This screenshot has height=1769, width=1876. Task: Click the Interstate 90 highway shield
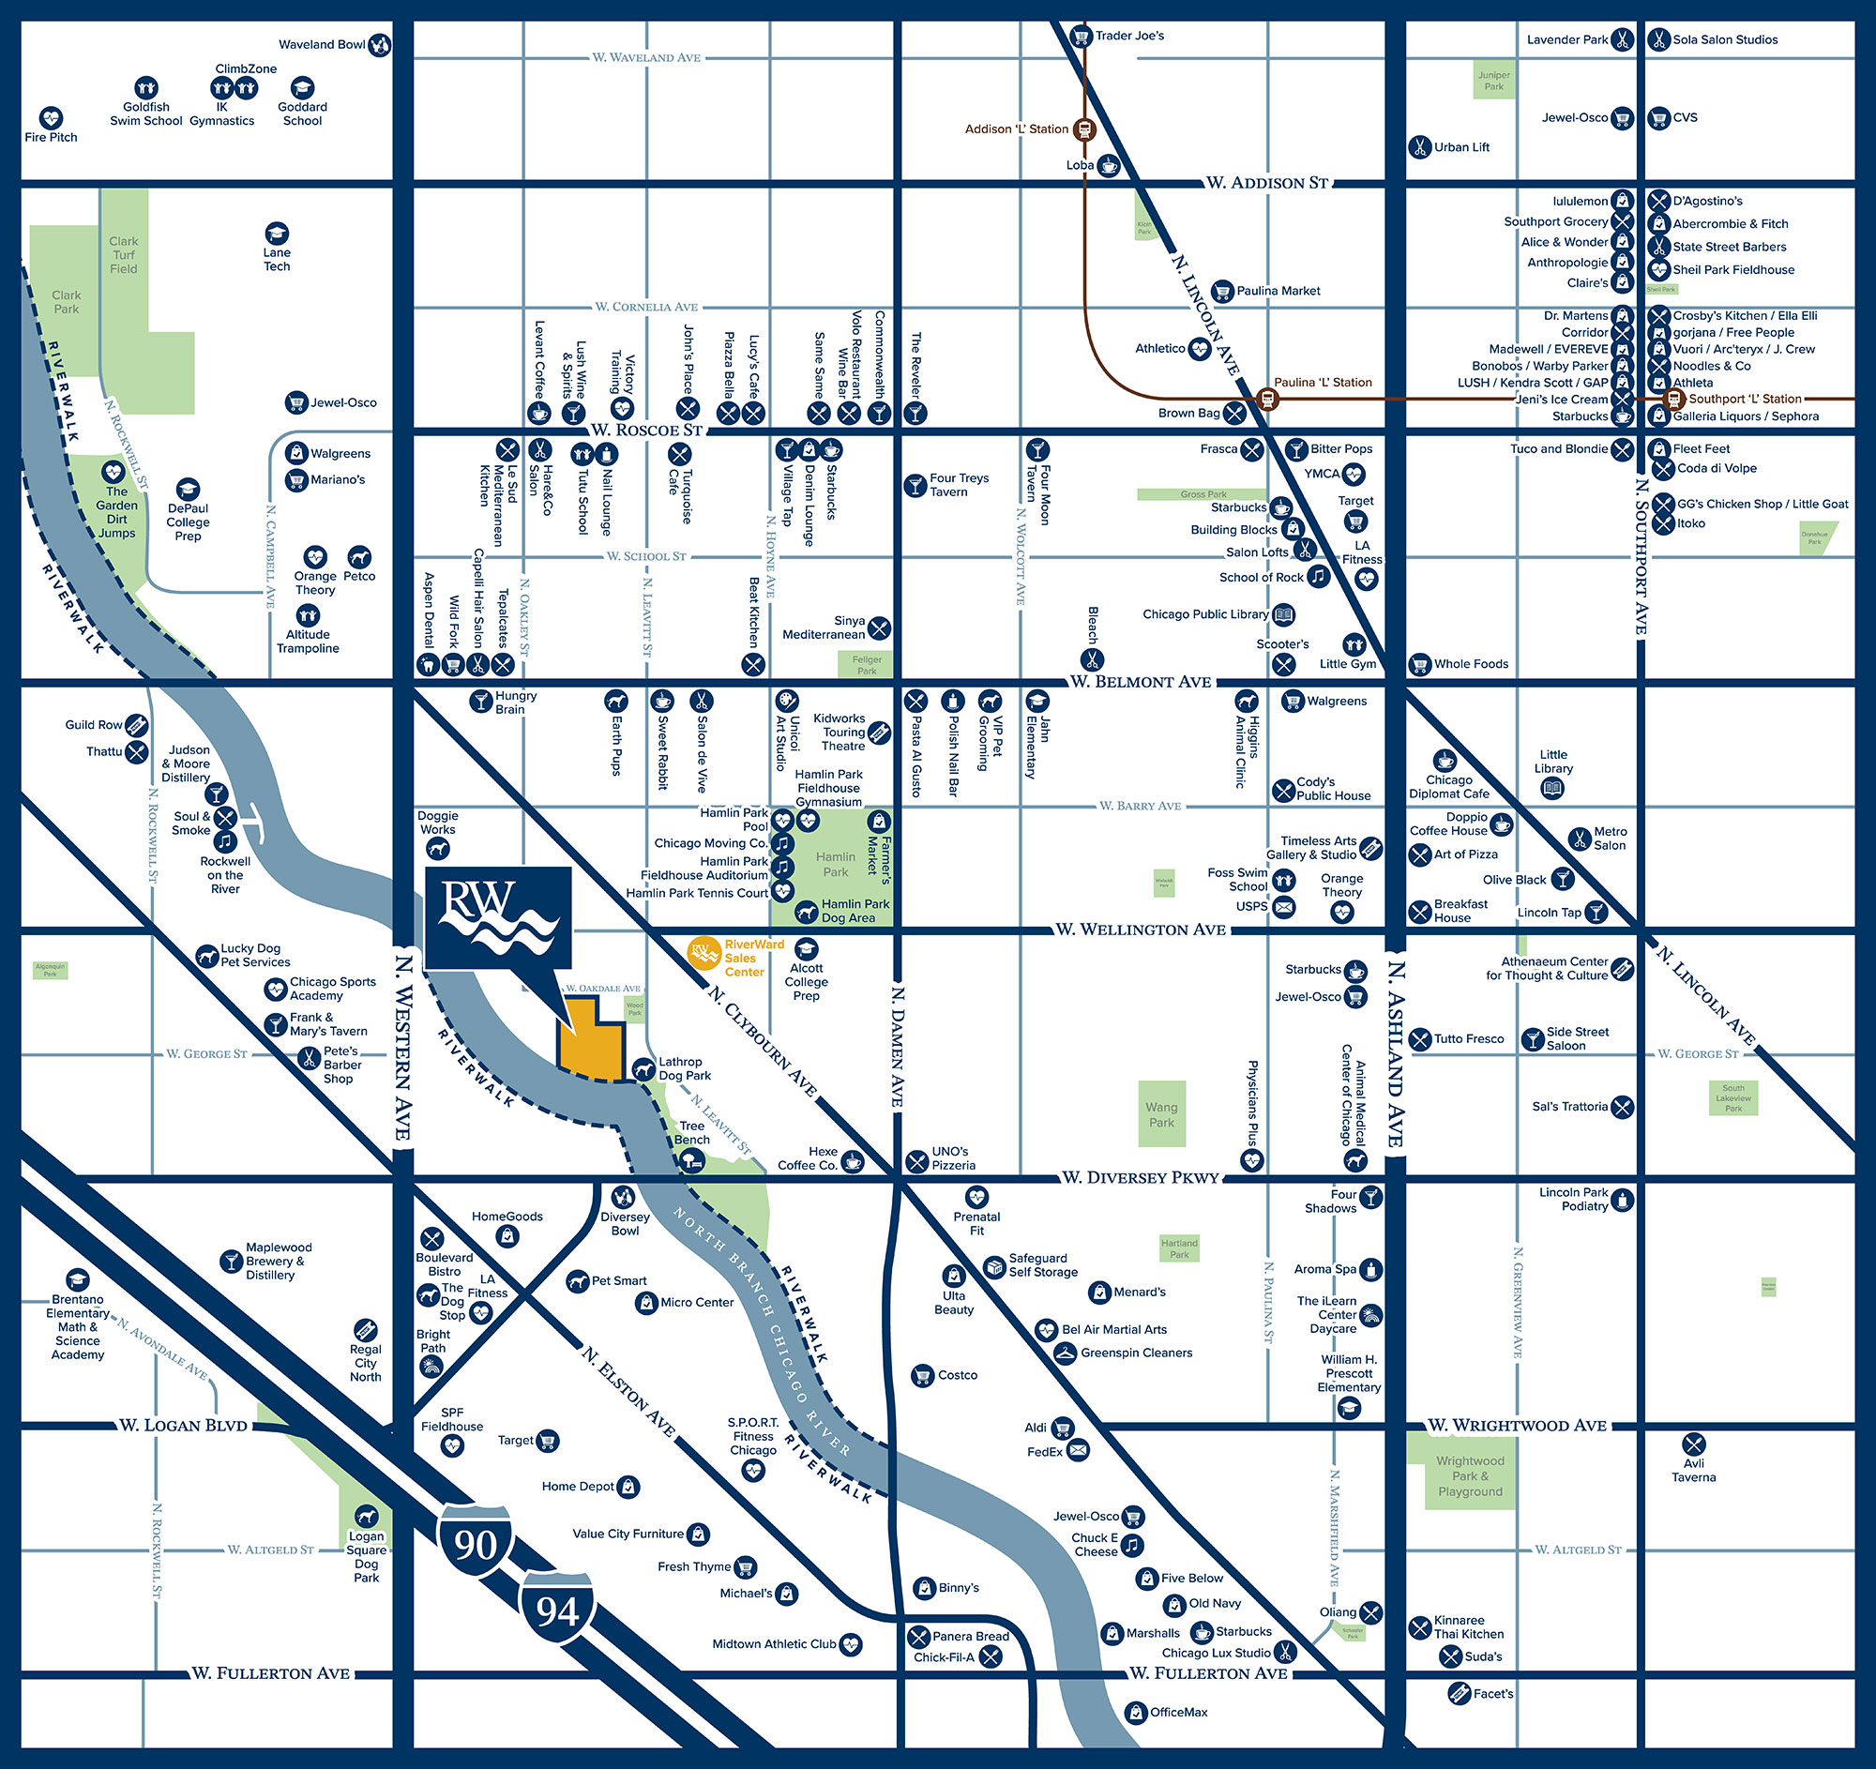point(475,1545)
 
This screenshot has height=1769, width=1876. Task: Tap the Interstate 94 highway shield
point(557,1610)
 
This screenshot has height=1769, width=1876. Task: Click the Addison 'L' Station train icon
point(1084,129)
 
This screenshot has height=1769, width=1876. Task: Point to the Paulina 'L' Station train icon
point(1267,399)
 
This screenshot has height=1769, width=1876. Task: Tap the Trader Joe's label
point(1129,36)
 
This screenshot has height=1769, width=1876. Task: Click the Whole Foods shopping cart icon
point(1419,664)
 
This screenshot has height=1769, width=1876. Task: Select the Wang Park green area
point(1161,1114)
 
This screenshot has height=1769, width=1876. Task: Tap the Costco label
point(957,1376)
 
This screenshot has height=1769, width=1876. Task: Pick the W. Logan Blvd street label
point(183,1425)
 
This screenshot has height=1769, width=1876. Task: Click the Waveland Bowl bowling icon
point(379,44)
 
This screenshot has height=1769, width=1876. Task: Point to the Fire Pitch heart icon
point(51,118)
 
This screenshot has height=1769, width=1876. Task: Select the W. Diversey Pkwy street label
point(1140,1177)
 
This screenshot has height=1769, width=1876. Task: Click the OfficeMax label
point(1178,1712)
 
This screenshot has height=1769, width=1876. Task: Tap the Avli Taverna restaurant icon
point(1693,1444)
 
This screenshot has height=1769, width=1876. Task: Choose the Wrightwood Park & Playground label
point(1469,1475)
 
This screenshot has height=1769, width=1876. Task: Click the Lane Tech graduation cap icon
point(277,233)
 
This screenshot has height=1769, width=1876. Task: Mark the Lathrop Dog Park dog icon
point(643,1069)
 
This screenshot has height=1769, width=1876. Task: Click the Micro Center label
point(696,1302)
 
